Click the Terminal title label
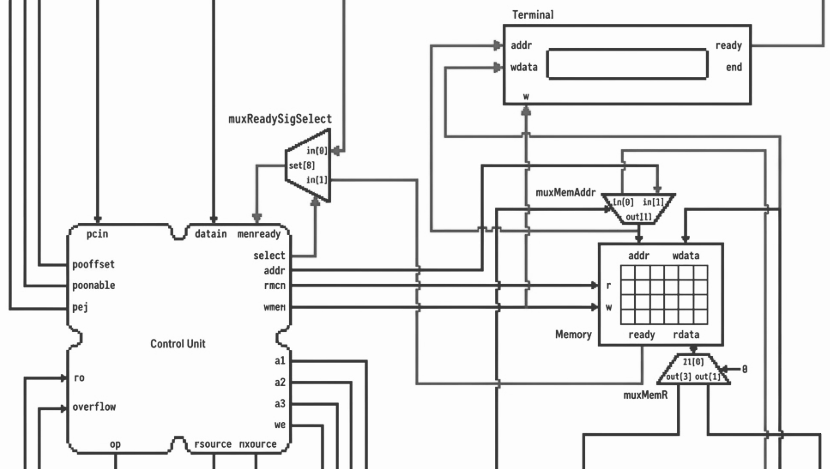tap(533, 15)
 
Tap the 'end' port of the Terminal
tap(734, 67)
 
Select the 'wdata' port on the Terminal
tap(524, 67)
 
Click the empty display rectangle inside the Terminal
tap(627, 64)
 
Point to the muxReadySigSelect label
tap(280, 119)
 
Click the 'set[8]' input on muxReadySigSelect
tap(301, 166)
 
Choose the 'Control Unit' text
tap(178, 344)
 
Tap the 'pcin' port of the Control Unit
tap(97, 234)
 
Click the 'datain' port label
tap(210, 234)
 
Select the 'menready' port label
tap(259, 234)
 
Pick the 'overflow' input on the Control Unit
tap(94, 407)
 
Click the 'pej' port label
tap(80, 307)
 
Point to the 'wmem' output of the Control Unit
tap(274, 307)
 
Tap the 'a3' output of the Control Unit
tap(280, 404)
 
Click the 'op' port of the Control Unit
tap(115, 444)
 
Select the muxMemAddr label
tap(565, 192)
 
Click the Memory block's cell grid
tap(664, 295)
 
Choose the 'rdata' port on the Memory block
tap(686, 335)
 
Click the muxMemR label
tap(645, 395)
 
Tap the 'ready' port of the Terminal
tap(729, 45)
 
